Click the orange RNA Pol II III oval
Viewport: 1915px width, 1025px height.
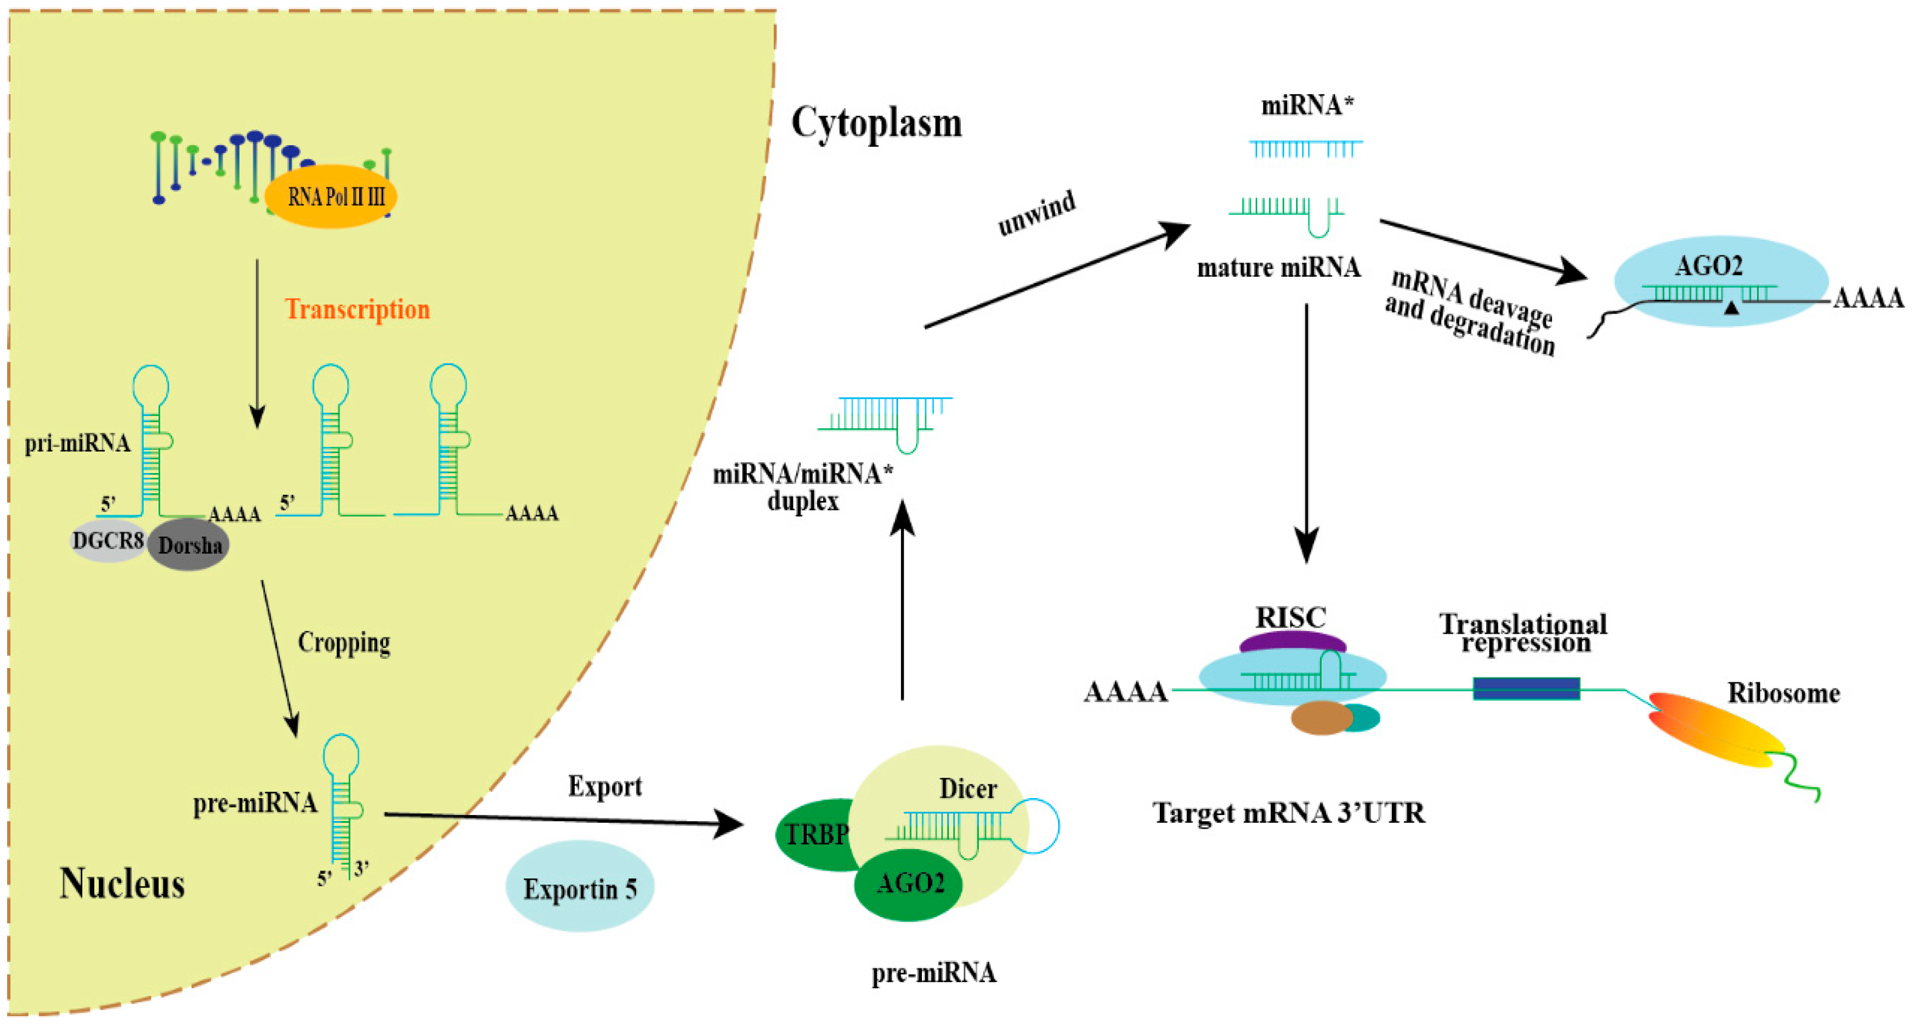pos(330,196)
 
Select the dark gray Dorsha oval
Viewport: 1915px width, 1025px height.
pos(189,545)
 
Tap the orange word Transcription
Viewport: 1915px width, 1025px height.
pos(358,309)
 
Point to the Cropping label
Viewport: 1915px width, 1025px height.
pos(344,643)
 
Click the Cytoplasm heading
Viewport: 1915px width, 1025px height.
pos(876,123)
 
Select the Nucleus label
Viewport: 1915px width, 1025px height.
pos(122,884)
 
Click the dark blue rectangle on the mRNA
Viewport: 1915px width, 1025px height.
pos(1526,688)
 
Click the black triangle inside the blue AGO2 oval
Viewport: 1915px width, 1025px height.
pos(1731,307)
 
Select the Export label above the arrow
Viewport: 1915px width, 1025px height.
pos(605,787)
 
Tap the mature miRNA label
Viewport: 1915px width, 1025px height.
pos(1279,267)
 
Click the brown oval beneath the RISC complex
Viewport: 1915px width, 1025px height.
pos(1321,718)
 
